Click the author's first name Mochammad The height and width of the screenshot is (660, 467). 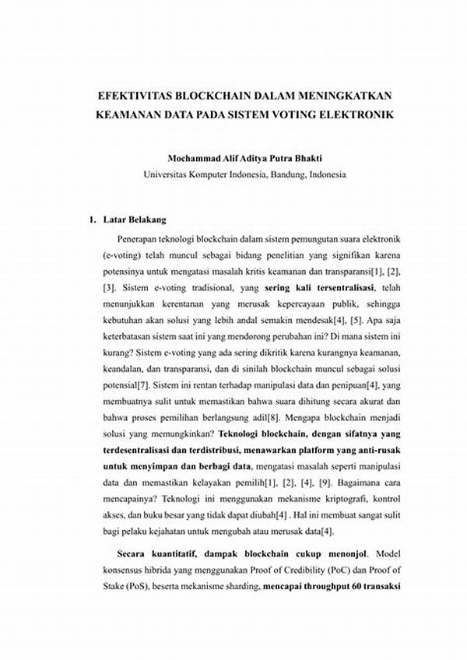tap(198, 159)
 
